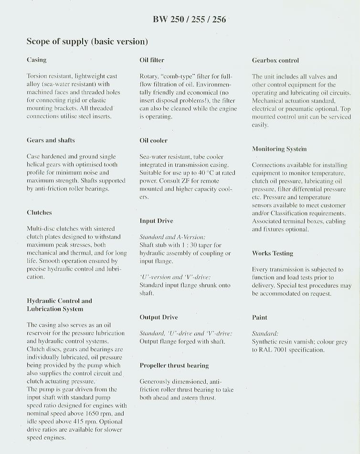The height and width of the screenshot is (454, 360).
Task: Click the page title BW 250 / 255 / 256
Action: [x=190, y=19]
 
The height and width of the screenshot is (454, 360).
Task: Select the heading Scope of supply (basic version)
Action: [x=87, y=42]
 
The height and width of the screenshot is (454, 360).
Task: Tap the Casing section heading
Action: [x=37, y=60]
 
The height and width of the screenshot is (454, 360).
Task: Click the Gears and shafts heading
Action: [x=51, y=141]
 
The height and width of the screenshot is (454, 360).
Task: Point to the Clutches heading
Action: [x=39, y=213]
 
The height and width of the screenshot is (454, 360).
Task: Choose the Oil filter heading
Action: [x=152, y=60]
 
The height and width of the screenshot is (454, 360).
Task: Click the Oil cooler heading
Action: [x=153, y=141]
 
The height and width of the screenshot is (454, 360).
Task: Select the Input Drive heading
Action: [x=156, y=221]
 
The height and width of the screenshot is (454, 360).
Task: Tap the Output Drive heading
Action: [x=159, y=317]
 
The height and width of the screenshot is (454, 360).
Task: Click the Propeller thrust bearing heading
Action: [x=174, y=366]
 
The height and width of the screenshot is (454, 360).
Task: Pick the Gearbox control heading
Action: [x=275, y=60]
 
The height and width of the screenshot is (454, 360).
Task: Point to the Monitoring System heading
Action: [x=279, y=149]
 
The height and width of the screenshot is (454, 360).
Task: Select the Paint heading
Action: [x=259, y=317]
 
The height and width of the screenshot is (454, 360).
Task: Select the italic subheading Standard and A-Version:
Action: [x=172, y=237]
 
